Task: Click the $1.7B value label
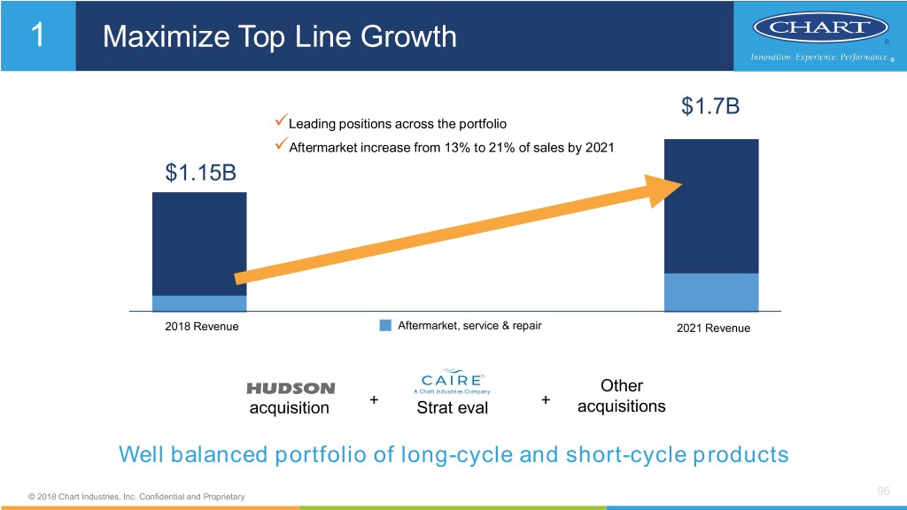coord(710,107)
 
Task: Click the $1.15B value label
coord(200,172)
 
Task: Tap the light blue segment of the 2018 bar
coord(199,304)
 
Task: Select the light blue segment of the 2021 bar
coord(711,292)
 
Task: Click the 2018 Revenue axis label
coord(202,327)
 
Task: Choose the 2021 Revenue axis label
coord(713,328)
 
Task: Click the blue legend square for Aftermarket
coord(385,326)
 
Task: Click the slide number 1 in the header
coord(37,35)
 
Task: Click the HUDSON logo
coord(291,389)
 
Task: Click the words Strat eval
coord(452,408)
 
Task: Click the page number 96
coord(882,491)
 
